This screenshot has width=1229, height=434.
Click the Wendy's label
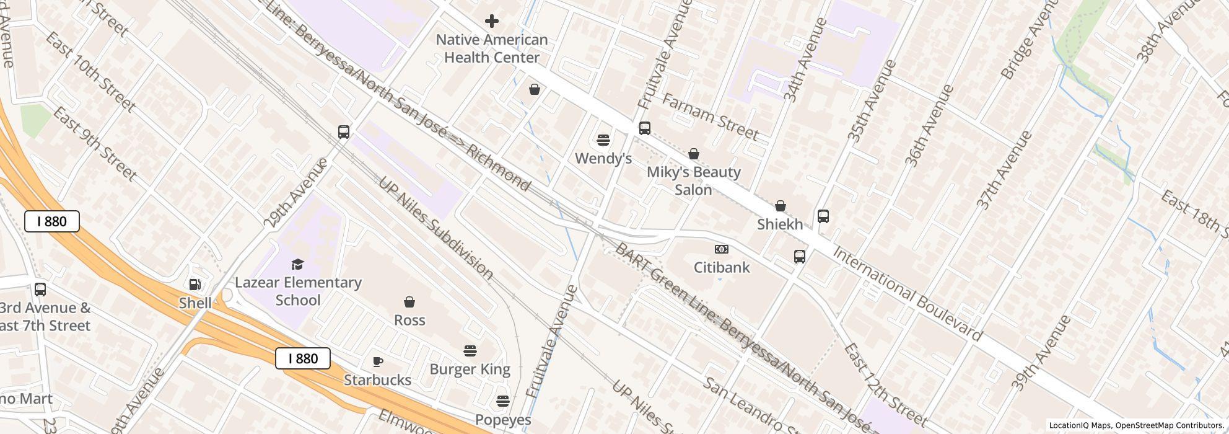pyautogui.click(x=603, y=159)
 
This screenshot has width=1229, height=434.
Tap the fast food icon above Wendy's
pyautogui.click(x=603, y=139)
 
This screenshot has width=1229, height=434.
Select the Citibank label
pyautogui.click(x=722, y=268)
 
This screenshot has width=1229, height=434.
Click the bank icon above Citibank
pyautogui.click(x=721, y=249)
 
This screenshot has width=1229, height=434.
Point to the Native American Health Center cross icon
pyautogui.click(x=492, y=21)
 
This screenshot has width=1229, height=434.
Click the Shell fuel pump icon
pyautogui.click(x=195, y=285)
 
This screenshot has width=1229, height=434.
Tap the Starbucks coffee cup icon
pyautogui.click(x=378, y=361)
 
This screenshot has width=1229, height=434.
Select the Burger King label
pyautogui.click(x=470, y=370)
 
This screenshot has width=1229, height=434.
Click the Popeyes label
pyautogui.click(x=503, y=420)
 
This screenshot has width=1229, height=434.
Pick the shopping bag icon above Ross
pyautogui.click(x=409, y=303)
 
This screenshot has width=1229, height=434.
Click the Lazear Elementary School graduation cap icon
pyautogui.click(x=298, y=265)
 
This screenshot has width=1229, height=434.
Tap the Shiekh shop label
pyautogui.click(x=780, y=224)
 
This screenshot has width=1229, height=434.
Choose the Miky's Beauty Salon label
pyautogui.click(x=693, y=180)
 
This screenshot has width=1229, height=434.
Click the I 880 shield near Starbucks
pyautogui.click(x=303, y=358)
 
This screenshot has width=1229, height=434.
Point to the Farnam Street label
pyautogui.click(x=710, y=116)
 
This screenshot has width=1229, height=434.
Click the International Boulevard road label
pyautogui.click(x=907, y=294)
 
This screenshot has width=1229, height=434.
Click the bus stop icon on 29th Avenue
pyautogui.click(x=344, y=131)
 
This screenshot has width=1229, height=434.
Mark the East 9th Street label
pyautogui.click(x=94, y=144)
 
